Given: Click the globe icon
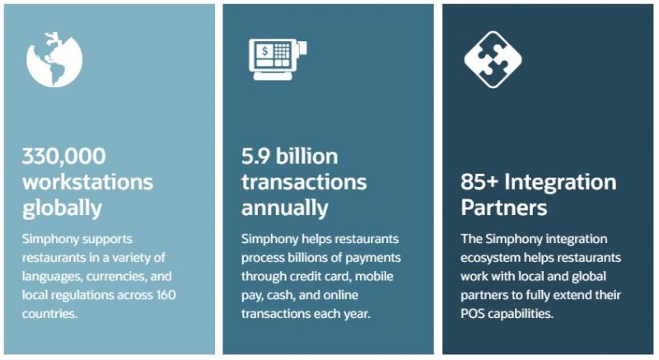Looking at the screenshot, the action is pyautogui.click(x=54, y=59).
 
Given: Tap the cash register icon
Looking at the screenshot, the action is pyautogui.click(x=278, y=59).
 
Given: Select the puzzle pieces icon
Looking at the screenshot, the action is pyautogui.click(x=493, y=59).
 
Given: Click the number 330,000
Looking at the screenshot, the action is pyautogui.click(x=64, y=157).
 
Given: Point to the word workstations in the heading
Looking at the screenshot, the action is pyautogui.click(x=88, y=182).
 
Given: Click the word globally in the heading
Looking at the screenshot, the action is pyautogui.click(x=62, y=208).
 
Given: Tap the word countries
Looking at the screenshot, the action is pyautogui.click(x=49, y=314).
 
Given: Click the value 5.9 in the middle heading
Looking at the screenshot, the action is pyautogui.click(x=255, y=157).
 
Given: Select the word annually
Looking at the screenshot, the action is pyautogui.click(x=284, y=208).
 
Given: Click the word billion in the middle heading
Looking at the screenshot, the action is pyautogui.click(x=306, y=157).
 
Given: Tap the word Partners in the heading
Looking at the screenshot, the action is pyautogui.click(x=504, y=208).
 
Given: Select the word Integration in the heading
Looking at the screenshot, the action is pyautogui.click(x=560, y=183).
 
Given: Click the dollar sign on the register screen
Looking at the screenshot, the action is pyautogui.click(x=264, y=51).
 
